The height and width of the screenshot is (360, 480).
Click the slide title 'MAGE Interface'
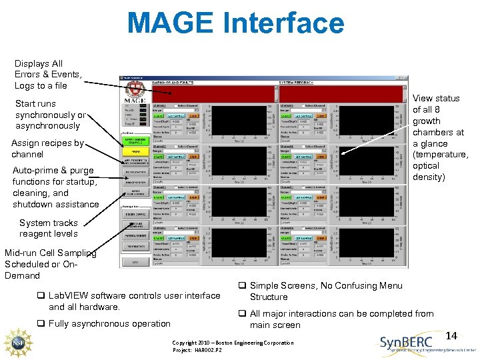pos(235,23)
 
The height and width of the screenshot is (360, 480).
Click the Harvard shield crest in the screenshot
pos(136,89)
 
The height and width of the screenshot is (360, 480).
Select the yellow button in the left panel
pos(135,152)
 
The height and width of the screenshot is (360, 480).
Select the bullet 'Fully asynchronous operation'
pos(109,323)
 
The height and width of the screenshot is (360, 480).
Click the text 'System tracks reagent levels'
pos(49,228)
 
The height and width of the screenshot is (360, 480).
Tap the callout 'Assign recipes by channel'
pos(47,149)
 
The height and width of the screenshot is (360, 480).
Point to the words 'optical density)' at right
pos(429,177)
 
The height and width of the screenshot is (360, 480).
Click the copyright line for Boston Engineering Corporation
pos(233,343)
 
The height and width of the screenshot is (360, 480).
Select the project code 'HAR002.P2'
pos(211,350)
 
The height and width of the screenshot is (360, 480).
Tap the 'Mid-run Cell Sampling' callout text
pos(50,253)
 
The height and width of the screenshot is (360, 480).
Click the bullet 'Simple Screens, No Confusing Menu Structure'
pos(325,291)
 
